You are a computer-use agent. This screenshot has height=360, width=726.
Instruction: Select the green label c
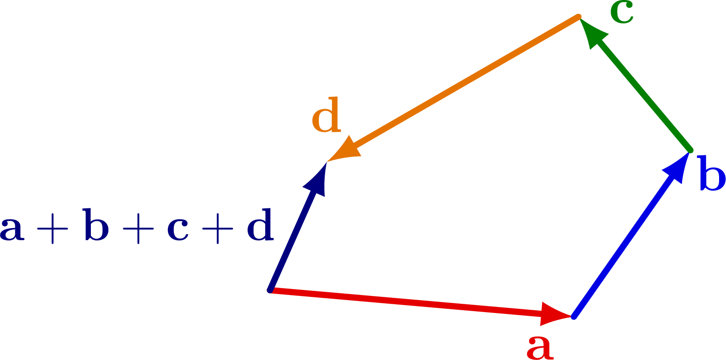[x=622, y=13]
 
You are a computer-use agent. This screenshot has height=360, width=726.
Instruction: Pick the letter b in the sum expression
[x=96, y=225]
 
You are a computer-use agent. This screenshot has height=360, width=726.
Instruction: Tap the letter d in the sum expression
[x=260, y=225]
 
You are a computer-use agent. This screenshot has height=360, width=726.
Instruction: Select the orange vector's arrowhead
[x=344, y=151]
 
